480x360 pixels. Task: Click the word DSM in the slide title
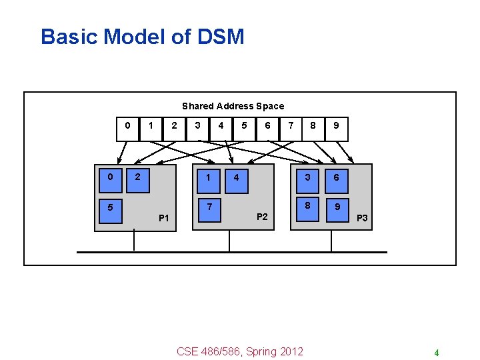[x=221, y=37]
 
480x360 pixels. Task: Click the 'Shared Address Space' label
[x=233, y=106]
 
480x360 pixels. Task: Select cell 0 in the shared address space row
[x=127, y=126]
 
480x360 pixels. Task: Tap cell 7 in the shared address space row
[x=290, y=126]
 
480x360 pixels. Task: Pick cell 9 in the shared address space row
[x=337, y=126]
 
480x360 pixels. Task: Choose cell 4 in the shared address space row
[x=221, y=126]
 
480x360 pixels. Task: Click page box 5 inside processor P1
[x=109, y=207]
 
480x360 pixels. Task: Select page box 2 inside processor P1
[x=138, y=177]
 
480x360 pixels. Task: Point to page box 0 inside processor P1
[x=109, y=177]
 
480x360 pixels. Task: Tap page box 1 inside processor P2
[x=209, y=177]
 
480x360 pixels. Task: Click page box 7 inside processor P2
[x=209, y=207]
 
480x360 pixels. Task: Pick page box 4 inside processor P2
[x=237, y=177]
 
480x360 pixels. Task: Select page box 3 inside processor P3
[x=307, y=177]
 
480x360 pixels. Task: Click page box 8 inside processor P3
[x=307, y=207]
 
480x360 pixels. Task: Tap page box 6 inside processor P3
[x=336, y=177]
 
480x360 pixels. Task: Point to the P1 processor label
[x=164, y=218]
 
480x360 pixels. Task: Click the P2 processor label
[x=262, y=217]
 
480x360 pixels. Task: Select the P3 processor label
[x=362, y=218]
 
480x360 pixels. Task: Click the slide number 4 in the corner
[x=436, y=353]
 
